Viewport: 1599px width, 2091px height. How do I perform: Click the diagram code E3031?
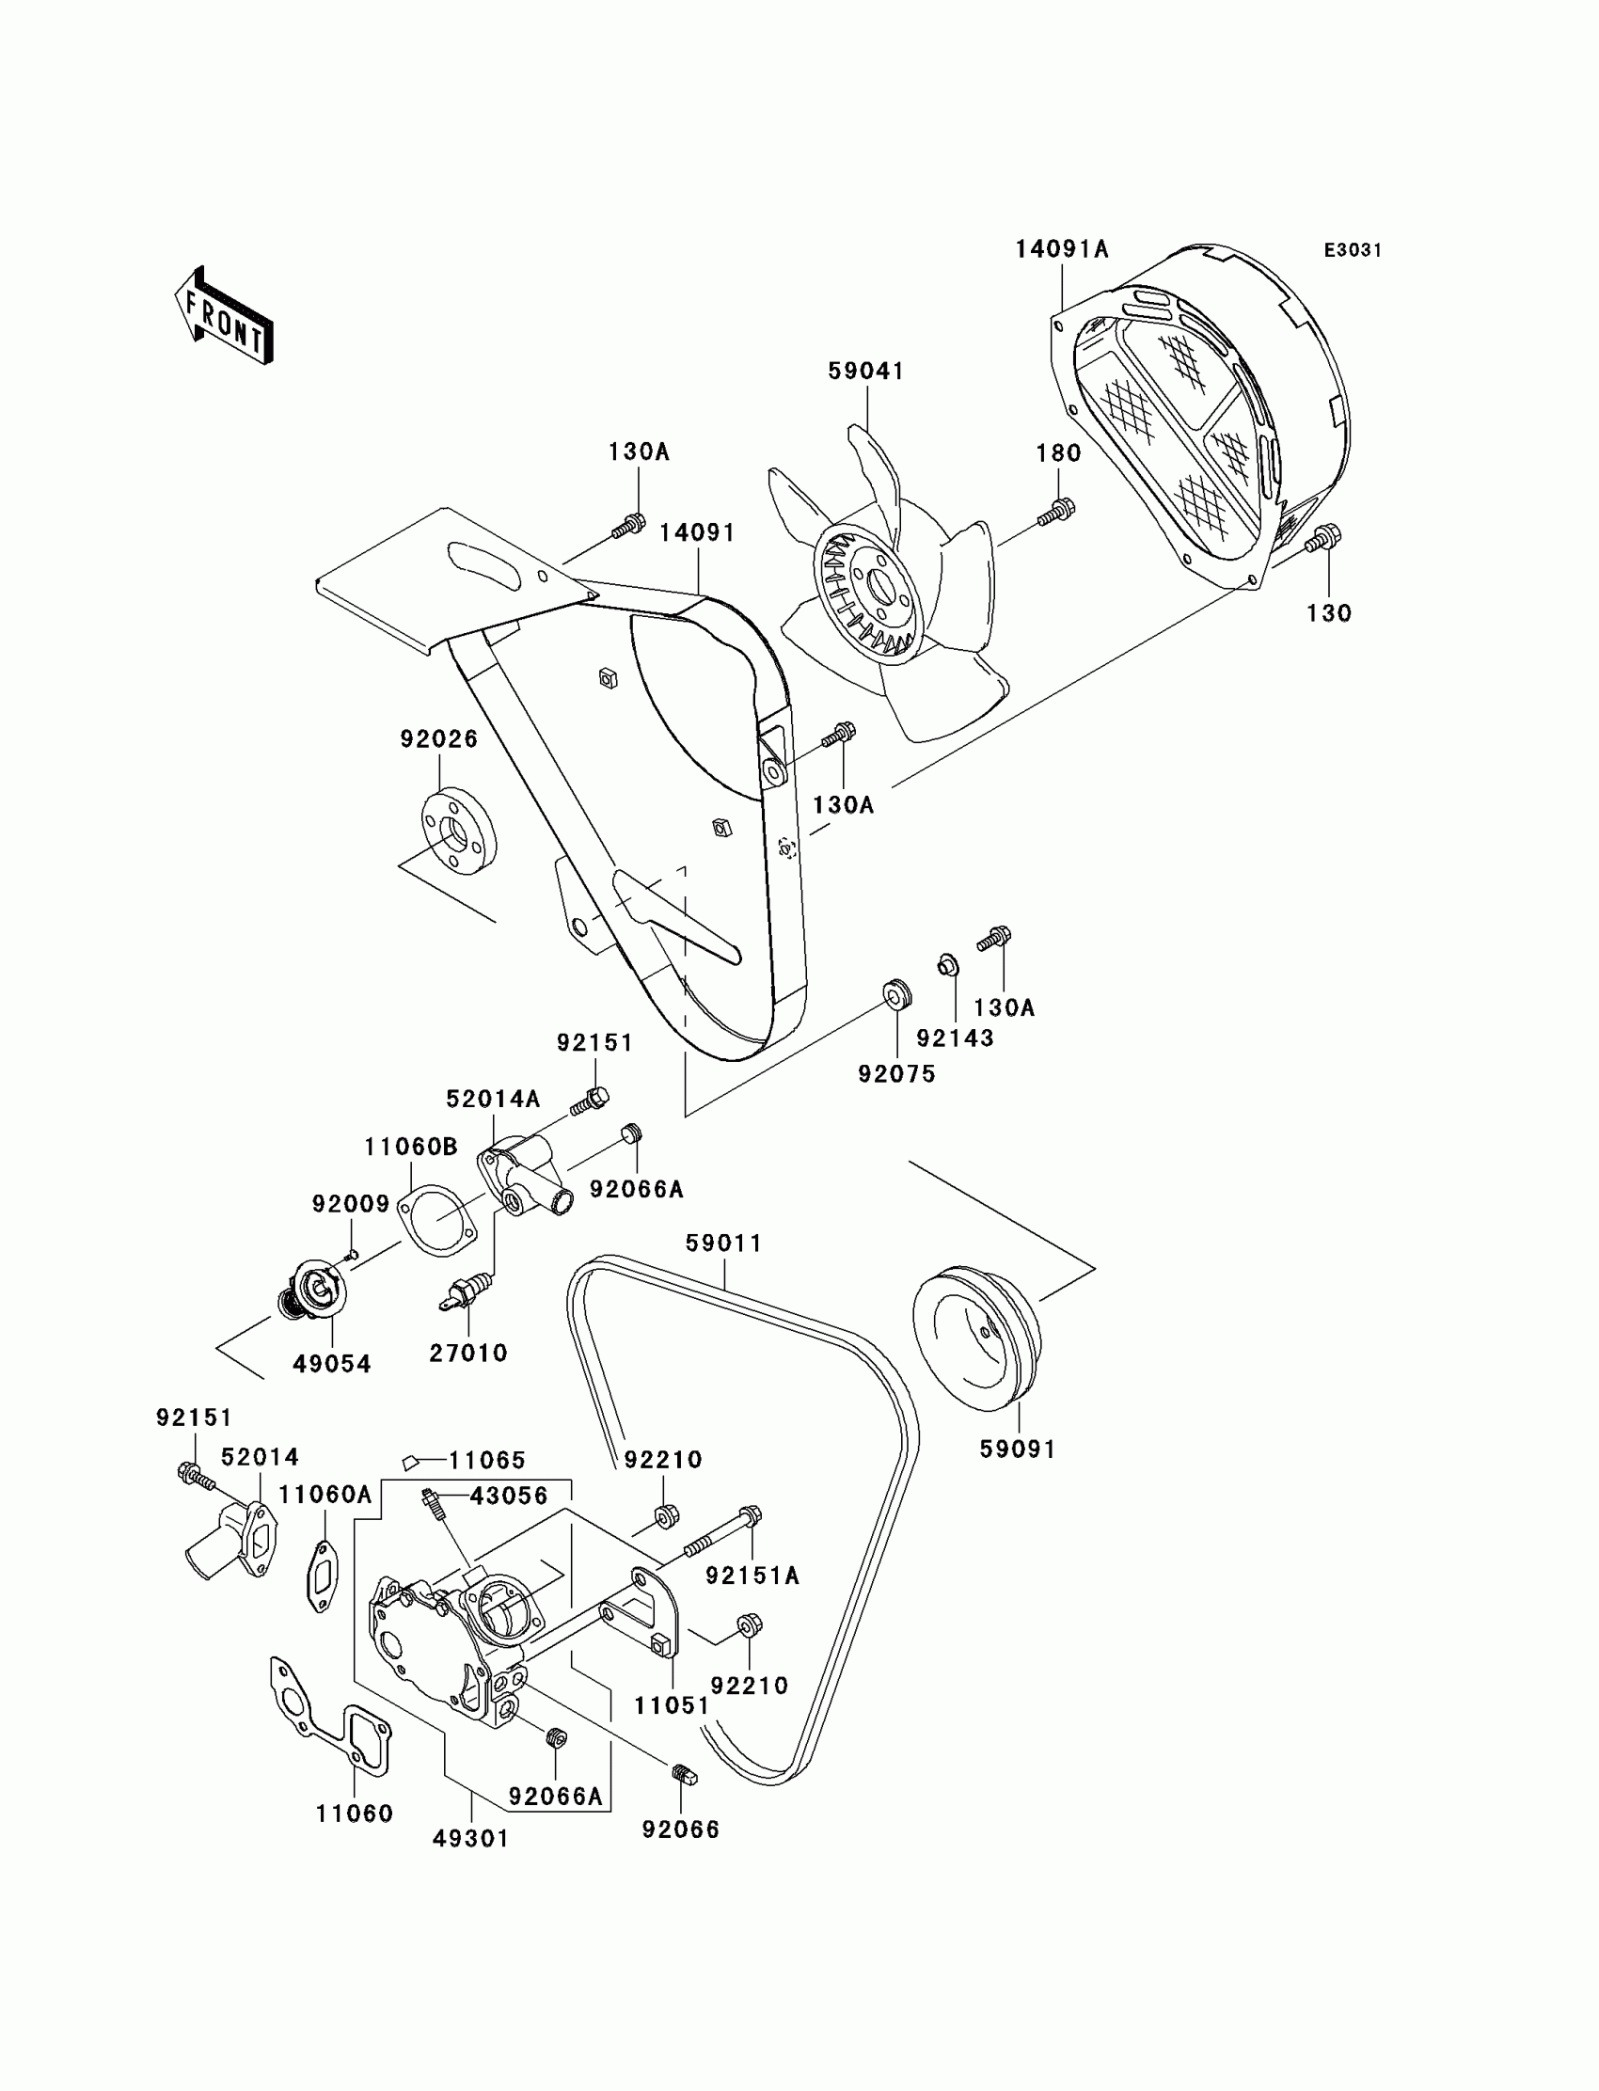1353,250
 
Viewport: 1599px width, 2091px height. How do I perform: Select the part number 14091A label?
1061,249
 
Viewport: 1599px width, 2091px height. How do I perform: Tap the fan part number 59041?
865,372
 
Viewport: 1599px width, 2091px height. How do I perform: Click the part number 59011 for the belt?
724,1243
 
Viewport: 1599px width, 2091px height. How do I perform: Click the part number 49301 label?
471,1839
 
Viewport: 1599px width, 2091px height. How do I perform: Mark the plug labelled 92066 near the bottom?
683,1774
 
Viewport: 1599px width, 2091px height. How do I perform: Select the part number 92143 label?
955,1038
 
